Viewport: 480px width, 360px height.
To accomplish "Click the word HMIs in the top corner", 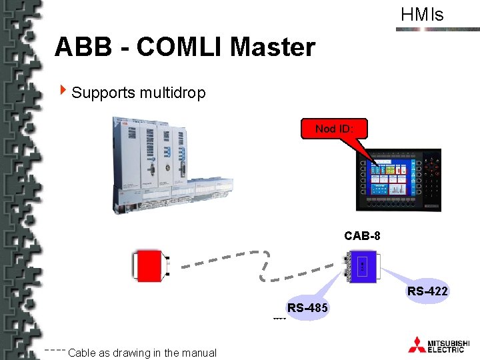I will (x=421, y=15).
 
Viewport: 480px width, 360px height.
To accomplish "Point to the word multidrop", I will (x=173, y=92).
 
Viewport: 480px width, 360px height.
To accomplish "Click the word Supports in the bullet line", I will (x=103, y=92).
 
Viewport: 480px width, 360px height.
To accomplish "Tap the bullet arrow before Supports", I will (x=63, y=89).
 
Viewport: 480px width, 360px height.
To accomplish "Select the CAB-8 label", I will (x=362, y=235).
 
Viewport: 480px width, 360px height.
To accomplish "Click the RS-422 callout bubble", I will (x=427, y=291).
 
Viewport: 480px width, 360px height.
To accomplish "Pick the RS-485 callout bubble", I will (x=307, y=308).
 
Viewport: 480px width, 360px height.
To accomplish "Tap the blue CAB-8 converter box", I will (x=362, y=266).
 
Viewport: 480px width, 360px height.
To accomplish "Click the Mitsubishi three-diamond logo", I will (x=417, y=344).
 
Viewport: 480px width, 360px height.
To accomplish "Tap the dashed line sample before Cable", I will (x=55, y=350).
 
